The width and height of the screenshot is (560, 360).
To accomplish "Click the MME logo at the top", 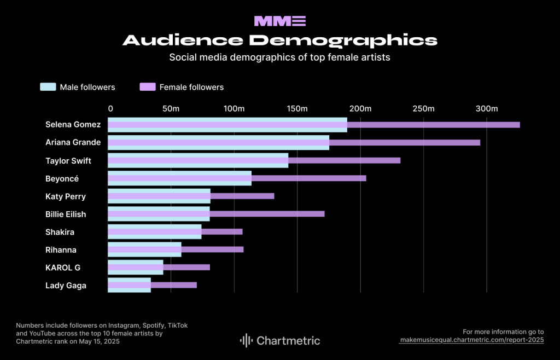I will click(x=280, y=21).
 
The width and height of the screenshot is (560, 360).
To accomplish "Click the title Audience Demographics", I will click(x=280, y=40).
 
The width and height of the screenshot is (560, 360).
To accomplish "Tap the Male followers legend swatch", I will click(x=48, y=87).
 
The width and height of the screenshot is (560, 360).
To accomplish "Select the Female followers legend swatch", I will click(x=148, y=87).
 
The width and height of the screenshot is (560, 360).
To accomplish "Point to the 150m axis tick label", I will click(x=297, y=108).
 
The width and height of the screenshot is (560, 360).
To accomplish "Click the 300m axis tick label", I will click(x=486, y=108).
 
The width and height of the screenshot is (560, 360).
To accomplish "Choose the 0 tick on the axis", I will click(x=110, y=108).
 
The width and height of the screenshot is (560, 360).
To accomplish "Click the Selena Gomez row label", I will click(x=73, y=124).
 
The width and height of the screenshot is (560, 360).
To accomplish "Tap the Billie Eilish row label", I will click(x=66, y=214).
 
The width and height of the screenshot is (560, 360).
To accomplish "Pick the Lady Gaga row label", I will click(x=66, y=285).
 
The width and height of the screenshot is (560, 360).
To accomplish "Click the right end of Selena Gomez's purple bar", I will click(x=518, y=125).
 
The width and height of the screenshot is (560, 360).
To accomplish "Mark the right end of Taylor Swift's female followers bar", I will click(x=399, y=160).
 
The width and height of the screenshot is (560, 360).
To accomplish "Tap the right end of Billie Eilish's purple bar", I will click(x=323, y=214).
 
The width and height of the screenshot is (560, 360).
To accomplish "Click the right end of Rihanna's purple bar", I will click(x=242, y=249).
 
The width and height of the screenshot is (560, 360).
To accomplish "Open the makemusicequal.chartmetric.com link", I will click(x=472, y=340).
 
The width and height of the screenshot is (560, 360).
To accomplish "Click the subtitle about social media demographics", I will click(x=279, y=57).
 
